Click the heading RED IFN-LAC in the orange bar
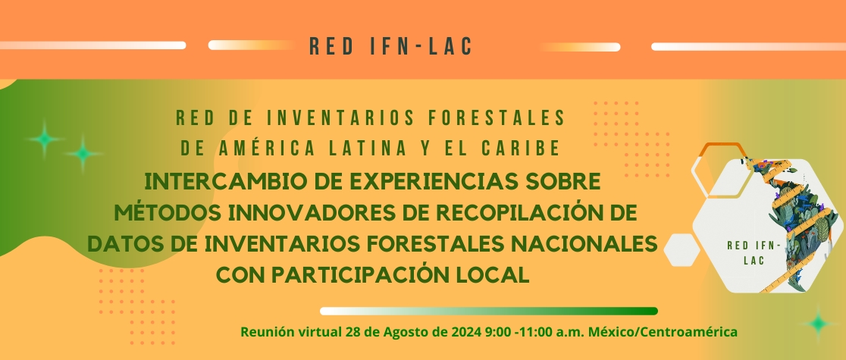click(x=390, y=46)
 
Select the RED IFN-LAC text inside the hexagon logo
click(x=754, y=252)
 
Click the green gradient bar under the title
click(x=489, y=311)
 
